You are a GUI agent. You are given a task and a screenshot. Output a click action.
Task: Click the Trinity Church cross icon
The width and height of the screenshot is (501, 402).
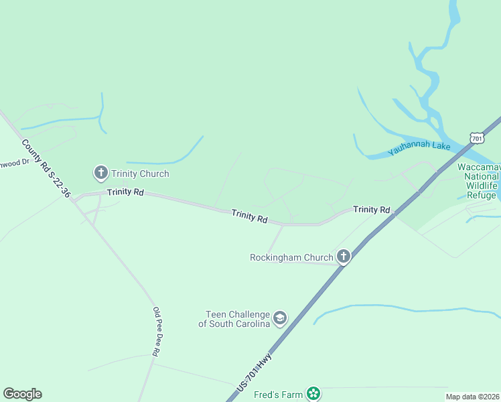101,174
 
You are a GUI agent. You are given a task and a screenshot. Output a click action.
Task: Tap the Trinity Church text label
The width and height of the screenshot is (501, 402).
140,174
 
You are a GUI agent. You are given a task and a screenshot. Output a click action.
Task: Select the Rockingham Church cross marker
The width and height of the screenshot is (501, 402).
344,257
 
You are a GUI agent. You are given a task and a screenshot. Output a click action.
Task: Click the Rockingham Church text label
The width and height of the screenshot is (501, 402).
291,257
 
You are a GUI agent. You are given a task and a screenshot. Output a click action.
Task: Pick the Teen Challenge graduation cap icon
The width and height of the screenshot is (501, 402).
280,318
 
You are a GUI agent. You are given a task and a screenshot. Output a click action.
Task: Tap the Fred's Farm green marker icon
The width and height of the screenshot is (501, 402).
313,394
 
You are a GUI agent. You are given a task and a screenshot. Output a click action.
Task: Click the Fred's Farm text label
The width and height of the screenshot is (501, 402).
278,395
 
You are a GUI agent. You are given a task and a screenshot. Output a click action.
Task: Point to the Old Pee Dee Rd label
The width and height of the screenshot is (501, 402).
156,332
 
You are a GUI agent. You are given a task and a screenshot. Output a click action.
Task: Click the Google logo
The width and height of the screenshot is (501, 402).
22,394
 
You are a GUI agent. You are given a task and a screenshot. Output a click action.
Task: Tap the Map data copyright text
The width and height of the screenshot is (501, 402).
472,397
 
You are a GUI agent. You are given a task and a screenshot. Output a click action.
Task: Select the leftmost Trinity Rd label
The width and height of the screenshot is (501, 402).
125,192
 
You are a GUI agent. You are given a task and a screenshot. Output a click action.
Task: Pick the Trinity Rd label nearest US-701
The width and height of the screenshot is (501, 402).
371,210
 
